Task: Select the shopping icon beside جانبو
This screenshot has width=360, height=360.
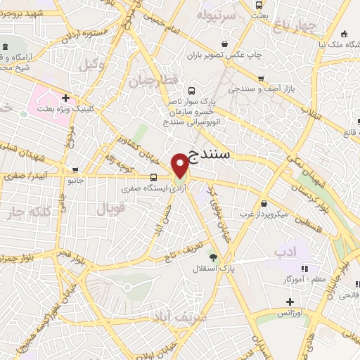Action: point(75,170)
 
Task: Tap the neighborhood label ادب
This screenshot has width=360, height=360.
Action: point(285,251)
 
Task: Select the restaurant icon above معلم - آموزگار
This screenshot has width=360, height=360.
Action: point(304,269)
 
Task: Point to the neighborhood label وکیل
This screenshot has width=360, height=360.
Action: point(88,65)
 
